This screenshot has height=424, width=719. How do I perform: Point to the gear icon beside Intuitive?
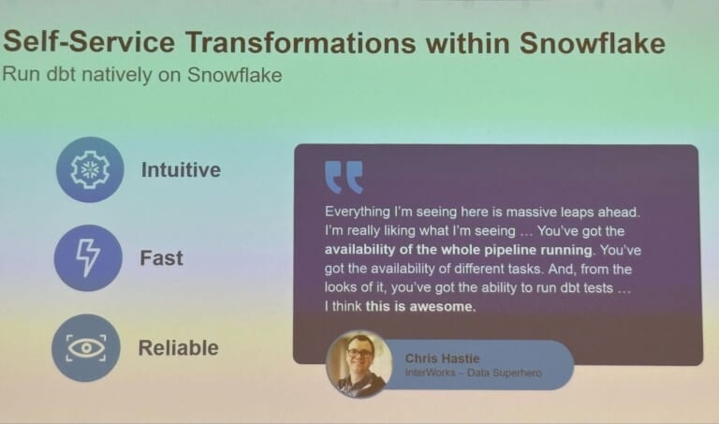[89, 169]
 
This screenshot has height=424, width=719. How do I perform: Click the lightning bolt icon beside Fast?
[88, 257]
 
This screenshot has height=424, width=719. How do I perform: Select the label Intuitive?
[181, 170]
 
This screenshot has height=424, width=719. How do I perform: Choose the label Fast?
[161, 258]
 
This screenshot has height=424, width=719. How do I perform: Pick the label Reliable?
[178, 348]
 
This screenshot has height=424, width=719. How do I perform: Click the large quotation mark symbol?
[343, 177]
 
